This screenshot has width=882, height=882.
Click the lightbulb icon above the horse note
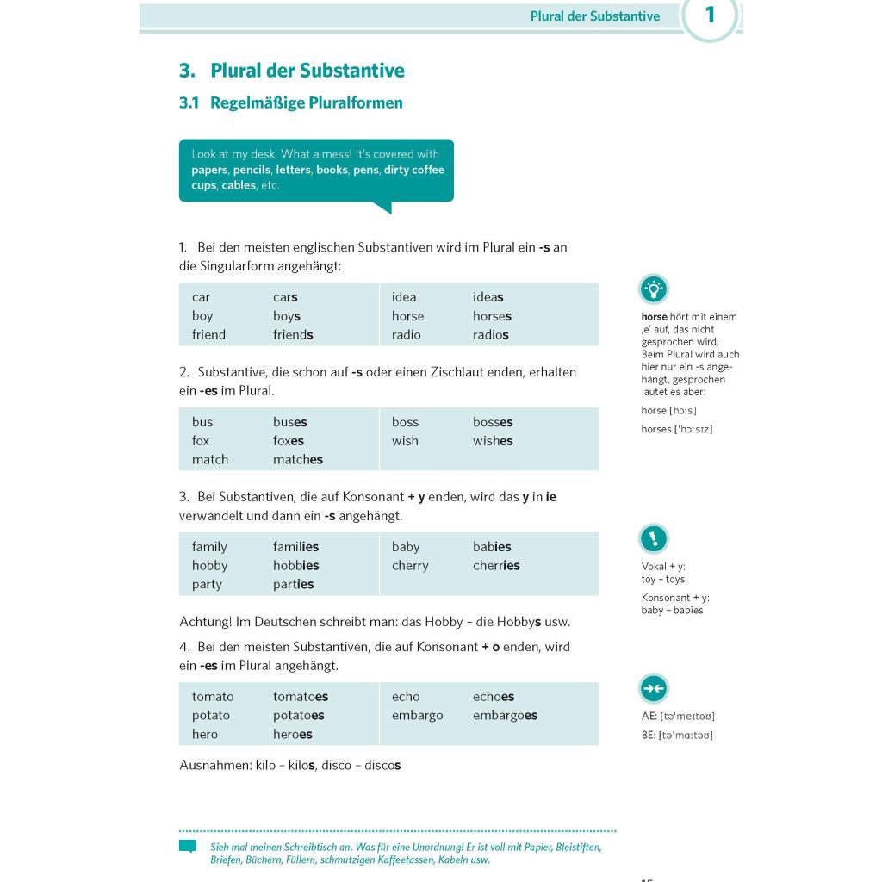click(654, 289)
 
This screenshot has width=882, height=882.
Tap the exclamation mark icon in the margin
click(654, 539)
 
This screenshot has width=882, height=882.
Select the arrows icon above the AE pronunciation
click(654, 688)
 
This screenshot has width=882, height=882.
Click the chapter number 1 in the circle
click(710, 15)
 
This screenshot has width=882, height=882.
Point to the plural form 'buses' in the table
click(290, 422)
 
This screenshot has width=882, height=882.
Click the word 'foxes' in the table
click(289, 441)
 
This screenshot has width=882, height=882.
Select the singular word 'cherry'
click(410, 566)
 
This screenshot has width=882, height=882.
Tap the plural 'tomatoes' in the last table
click(301, 697)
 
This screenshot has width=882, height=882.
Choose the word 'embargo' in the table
click(418, 716)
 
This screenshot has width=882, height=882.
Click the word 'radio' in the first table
click(407, 335)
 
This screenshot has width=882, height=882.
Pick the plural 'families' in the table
click(296, 547)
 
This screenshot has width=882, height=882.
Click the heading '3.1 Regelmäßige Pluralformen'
click(291, 103)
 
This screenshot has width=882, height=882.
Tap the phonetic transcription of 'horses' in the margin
click(677, 429)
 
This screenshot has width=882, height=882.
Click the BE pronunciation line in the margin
click(677, 736)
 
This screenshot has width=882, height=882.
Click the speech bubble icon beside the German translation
click(188, 847)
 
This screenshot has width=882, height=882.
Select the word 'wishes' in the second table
click(493, 441)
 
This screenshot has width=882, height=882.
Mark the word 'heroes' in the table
click(293, 735)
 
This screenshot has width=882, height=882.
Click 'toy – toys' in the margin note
click(663, 580)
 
